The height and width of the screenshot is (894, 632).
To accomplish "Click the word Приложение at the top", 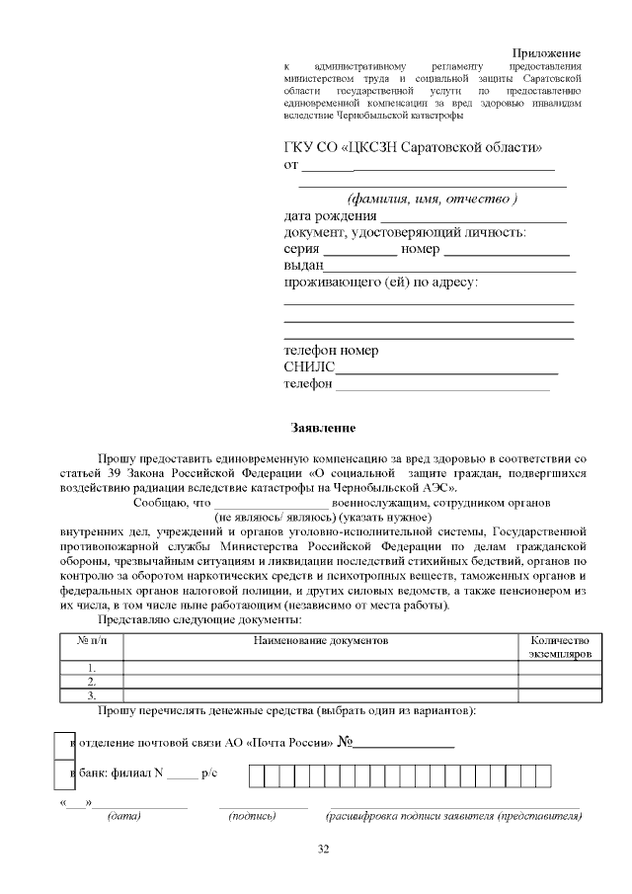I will [546, 52].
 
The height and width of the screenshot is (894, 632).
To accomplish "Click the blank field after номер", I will [506, 251].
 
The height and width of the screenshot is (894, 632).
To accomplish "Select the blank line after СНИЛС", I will [446, 369].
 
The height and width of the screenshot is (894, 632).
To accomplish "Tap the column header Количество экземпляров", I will [559, 647].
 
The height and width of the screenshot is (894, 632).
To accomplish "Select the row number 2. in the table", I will [92, 681].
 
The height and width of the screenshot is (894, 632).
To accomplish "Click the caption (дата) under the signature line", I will [123, 816].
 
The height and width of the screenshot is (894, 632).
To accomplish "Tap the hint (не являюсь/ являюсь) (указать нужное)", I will [323, 517].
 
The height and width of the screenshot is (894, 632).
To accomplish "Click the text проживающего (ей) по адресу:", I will [380, 284].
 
